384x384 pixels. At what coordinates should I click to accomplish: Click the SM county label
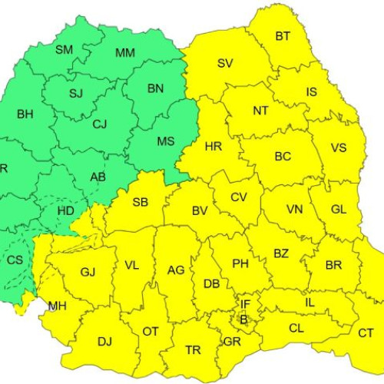[x=65, y=50]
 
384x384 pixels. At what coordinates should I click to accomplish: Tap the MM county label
[x=124, y=53]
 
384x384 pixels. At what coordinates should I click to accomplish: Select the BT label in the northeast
[x=283, y=36]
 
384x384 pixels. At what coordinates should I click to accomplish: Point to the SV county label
[x=225, y=64]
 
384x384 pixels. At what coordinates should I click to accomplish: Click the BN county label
[x=156, y=89]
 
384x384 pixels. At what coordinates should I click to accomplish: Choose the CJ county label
[x=100, y=123]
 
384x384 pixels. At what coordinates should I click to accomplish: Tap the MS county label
[x=166, y=142]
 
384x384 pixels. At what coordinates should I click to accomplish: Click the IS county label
[x=311, y=92]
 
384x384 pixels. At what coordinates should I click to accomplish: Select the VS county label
[x=338, y=148]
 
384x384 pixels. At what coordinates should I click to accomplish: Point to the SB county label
[x=141, y=203]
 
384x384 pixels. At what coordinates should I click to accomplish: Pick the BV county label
[x=200, y=210]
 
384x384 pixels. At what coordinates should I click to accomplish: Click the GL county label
[x=339, y=210]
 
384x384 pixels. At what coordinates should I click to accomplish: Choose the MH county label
[x=57, y=306]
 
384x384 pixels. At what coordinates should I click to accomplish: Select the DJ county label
[x=105, y=341]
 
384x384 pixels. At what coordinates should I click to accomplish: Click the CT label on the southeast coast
[x=366, y=333]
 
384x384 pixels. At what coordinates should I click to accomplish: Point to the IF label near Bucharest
[x=245, y=305]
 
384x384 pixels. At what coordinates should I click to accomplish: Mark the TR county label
[x=194, y=350]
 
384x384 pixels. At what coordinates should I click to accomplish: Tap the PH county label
[x=240, y=263]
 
